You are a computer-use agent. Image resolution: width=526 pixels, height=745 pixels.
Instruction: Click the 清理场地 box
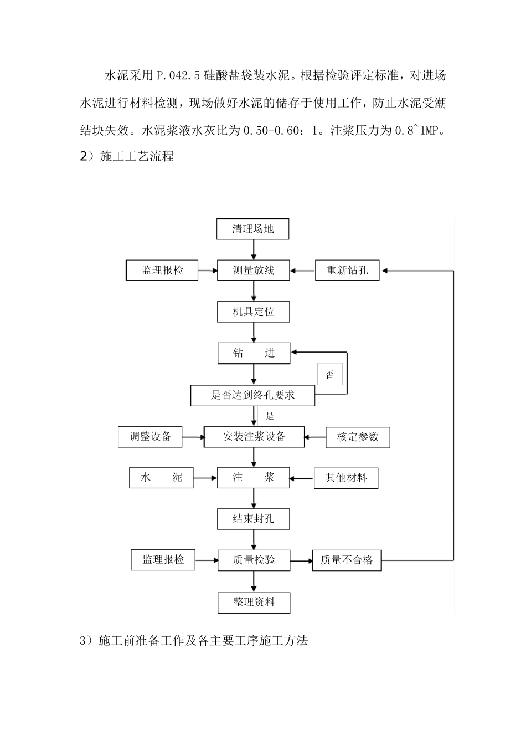tap(253, 229)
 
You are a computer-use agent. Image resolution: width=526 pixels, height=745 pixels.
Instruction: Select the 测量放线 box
tap(253, 271)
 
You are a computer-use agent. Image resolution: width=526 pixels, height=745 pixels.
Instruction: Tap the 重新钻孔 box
tap(347, 271)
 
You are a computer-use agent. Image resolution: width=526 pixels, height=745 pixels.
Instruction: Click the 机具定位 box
tap(253, 312)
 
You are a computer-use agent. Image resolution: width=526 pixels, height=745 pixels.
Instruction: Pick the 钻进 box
tap(253, 353)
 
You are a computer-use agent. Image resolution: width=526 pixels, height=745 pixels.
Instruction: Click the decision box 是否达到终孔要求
tap(252, 395)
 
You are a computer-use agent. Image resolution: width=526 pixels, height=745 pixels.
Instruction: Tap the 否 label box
tap(330, 375)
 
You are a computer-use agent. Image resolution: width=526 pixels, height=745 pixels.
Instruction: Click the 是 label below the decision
tap(270, 416)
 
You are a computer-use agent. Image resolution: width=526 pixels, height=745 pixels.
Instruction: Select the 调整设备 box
tap(151, 437)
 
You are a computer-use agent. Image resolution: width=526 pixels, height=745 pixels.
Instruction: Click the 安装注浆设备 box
tap(254, 437)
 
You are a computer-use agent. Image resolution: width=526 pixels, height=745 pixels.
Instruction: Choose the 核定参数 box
tap(358, 437)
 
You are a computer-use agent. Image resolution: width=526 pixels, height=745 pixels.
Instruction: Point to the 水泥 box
tap(161, 477)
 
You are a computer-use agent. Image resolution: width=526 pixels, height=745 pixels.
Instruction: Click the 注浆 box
tap(253, 477)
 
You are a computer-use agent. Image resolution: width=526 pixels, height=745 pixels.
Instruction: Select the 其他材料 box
tap(346, 478)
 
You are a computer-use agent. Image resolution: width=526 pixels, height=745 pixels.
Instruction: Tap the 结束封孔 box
tap(253, 519)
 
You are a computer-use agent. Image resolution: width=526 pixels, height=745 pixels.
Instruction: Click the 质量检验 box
tap(254, 560)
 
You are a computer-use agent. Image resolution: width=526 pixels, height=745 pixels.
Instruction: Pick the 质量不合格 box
tap(347, 560)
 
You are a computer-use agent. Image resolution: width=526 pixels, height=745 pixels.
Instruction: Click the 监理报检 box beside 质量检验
tap(163, 559)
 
